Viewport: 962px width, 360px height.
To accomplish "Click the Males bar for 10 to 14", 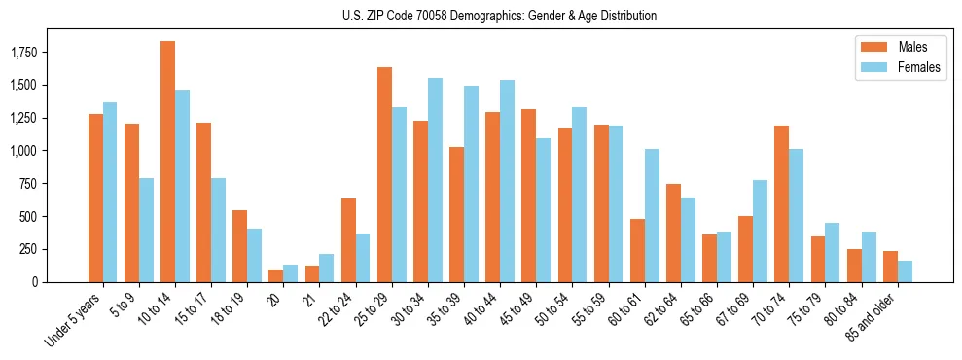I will (x=167, y=162).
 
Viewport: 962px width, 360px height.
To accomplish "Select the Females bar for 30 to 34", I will (x=435, y=180).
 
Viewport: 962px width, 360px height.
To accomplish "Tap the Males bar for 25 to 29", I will (x=384, y=174).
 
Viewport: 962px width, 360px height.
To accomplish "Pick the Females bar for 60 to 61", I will (x=652, y=215).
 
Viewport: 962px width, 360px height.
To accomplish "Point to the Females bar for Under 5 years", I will (x=110, y=192).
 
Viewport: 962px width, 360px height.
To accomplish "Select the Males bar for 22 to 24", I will (x=348, y=240).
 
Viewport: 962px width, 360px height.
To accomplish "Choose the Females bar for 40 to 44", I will (x=507, y=181).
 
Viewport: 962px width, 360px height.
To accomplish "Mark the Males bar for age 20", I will (x=276, y=275).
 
